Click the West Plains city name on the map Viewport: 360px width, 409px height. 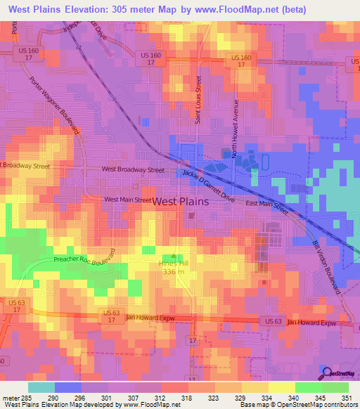181,201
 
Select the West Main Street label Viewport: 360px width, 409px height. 127,200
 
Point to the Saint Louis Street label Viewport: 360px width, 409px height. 199,98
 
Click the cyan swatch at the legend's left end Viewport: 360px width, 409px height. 41,387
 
